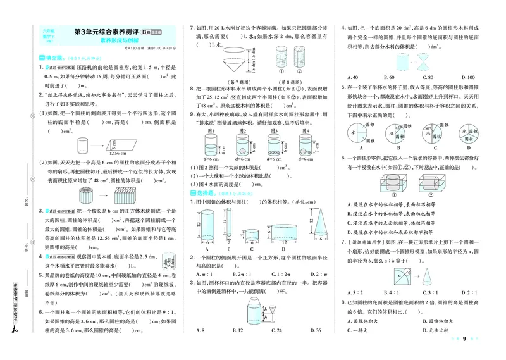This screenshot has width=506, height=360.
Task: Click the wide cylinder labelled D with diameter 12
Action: pyautogui.click(x=280, y=234)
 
